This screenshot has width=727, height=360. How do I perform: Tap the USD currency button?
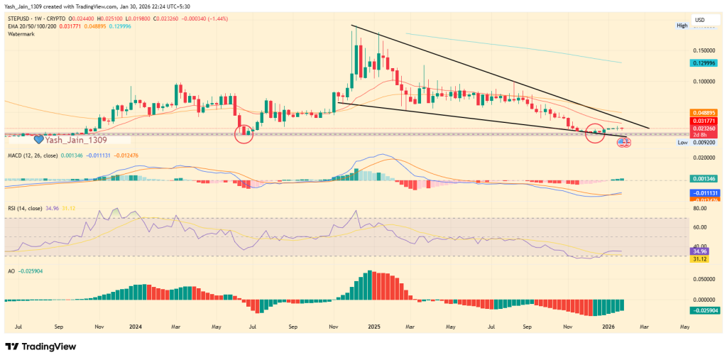click(x=699, y=19)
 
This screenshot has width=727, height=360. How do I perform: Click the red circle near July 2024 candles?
click(x=244, y=133)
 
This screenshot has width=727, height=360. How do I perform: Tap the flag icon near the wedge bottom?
click(x=623, y=142)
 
